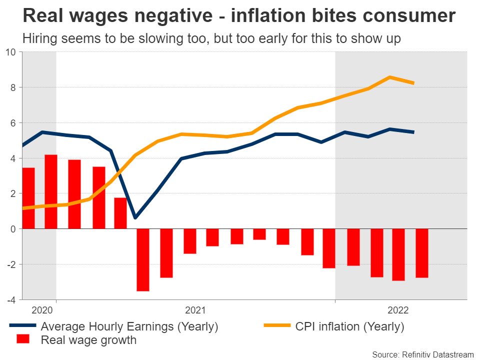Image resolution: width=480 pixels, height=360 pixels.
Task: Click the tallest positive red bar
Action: pos(51,191)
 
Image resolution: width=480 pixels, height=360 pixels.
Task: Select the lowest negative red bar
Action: pos(142,259)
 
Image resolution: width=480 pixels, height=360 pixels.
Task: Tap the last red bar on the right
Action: pos(422,253)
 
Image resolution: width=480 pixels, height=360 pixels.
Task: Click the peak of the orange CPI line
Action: pos(390,77)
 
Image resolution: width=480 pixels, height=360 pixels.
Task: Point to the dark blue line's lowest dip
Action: pos(135,217)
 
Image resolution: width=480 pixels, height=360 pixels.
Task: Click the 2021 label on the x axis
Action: pos(195,310)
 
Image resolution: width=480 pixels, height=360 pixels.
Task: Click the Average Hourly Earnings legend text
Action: pos(129,327)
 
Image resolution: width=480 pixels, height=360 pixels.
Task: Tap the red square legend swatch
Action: pos(23,340)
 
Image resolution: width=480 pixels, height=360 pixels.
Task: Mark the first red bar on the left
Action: pos(28,198)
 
